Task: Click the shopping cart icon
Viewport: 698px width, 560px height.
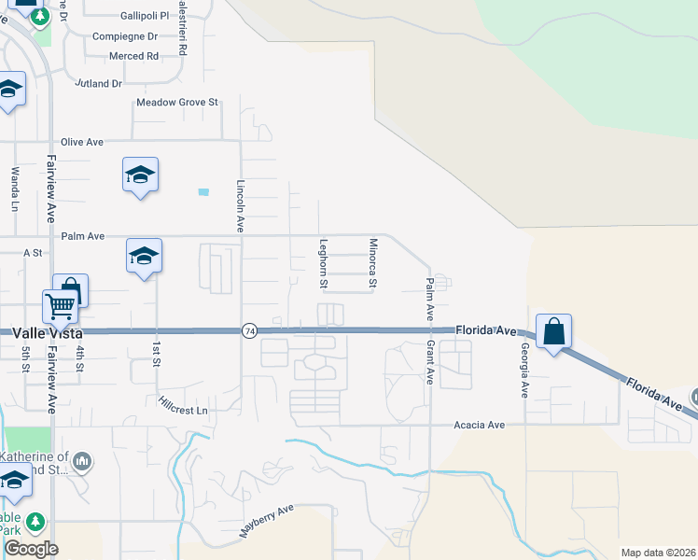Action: point(59,304)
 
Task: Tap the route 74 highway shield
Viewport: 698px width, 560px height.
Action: point(249,331)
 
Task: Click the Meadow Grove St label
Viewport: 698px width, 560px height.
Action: point(177,102)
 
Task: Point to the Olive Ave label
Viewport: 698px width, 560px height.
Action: point(82,142)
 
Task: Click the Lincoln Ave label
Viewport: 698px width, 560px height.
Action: point(241,205)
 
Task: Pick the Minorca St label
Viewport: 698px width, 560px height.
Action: point(372,262)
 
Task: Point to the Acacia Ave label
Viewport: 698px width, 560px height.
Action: point(479,425)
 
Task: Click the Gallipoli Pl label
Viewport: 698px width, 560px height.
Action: point(145,17)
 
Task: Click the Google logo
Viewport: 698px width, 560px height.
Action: point(31,549)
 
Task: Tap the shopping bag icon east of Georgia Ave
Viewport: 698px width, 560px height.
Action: point(553,330)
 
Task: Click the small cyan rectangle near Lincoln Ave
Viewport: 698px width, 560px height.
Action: point(203,192)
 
